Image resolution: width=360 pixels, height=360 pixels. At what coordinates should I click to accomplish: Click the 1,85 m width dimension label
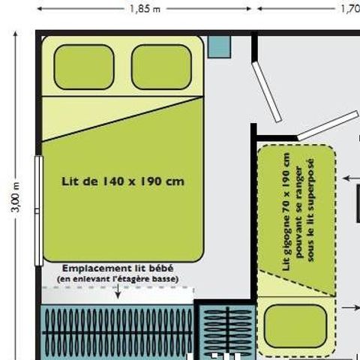coord(145,9)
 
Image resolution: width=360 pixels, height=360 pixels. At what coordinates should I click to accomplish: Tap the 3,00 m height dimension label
coord(16,197)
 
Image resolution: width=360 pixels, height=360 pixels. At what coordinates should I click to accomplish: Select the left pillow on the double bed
coord(84,67)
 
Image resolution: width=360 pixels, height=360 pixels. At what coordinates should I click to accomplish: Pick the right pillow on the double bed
coord(161,67)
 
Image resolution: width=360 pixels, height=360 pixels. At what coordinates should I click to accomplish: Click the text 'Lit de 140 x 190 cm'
coord(123,181)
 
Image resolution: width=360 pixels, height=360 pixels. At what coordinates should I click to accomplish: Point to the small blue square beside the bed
coord(220,47)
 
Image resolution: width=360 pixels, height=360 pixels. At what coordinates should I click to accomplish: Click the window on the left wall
coord(39,211)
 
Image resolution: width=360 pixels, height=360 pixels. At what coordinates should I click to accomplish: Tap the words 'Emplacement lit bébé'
coord(118,268)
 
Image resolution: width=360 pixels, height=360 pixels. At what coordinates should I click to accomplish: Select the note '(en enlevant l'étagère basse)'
coord(118,279)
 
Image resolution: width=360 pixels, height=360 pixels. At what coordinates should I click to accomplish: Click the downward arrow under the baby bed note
coord(118,291)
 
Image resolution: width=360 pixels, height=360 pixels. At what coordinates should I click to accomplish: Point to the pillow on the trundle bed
coord(295,326)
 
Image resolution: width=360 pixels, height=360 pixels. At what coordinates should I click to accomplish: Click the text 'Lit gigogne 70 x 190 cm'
coord(286,211)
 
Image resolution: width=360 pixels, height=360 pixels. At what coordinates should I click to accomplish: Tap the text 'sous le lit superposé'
coord(310,210)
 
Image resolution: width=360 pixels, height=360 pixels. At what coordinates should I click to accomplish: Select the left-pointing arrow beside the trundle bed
coord(351,178)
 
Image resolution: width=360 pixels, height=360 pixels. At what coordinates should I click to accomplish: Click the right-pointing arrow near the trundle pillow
coord(351,307)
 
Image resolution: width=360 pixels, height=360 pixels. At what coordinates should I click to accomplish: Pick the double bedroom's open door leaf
coord(267,92)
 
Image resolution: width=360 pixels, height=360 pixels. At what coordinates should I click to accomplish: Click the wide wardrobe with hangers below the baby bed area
coord(117,332)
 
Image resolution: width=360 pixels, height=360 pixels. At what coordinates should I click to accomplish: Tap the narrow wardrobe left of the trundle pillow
coord(227,331)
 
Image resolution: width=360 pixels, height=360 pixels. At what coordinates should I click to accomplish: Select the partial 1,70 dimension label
coord(350,9)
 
